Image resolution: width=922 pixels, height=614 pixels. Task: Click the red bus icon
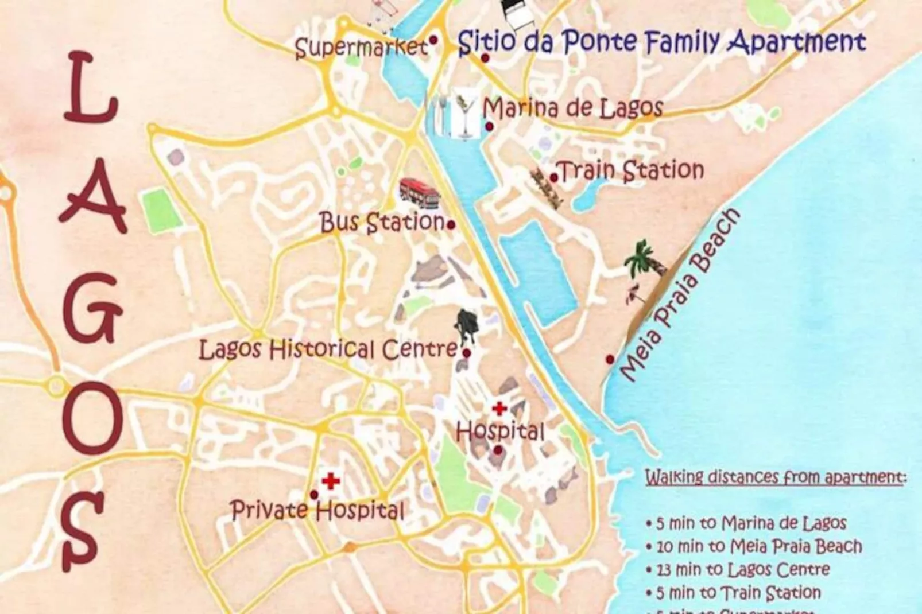tap(420, 193)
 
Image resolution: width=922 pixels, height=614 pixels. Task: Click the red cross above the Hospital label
tap(499, 409)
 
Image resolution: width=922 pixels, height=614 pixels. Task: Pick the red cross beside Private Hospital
tap(331, 481)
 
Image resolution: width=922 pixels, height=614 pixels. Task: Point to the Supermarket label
tap(361, 47)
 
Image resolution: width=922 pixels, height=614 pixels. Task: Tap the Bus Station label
tap(382, 222)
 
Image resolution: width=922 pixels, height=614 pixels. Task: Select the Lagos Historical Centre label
tap(328, 349)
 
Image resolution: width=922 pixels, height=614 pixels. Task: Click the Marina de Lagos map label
tap(573, 108)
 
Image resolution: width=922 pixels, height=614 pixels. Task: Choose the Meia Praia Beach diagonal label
tap(680, 295)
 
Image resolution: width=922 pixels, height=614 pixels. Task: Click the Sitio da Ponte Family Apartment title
tap(661, 42)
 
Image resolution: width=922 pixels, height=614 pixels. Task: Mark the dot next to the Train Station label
tap(554, 178)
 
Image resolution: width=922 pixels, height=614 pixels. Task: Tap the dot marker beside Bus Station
tap(451, 225)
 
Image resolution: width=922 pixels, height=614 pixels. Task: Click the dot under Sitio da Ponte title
tap(485, 58)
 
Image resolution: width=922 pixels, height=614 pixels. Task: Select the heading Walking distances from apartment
tap(776, 477)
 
